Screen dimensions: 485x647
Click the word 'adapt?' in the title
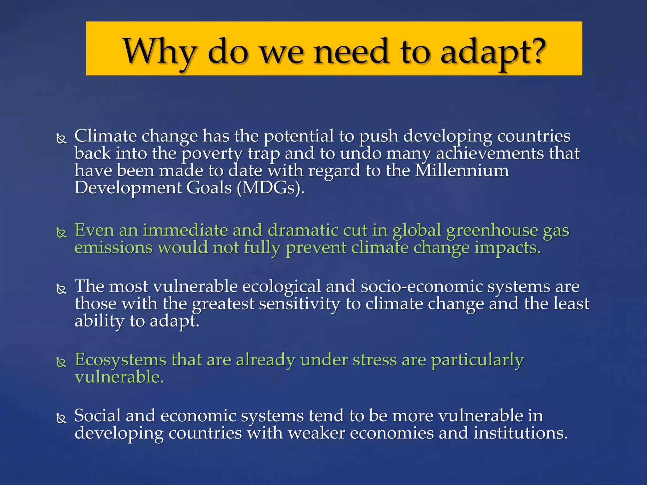coord(493,52)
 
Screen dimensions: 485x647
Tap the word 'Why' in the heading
coord(160,52)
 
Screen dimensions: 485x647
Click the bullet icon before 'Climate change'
coord(61,139)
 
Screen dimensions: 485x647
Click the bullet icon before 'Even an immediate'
coord(61,233)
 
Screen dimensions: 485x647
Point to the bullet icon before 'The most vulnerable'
coord(61,289)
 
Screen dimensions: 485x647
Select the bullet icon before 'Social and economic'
coord(61,418)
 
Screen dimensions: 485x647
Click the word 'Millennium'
coord(462,171)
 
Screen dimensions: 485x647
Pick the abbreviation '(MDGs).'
coord(271,188)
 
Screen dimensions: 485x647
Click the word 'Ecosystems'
coord(121,360)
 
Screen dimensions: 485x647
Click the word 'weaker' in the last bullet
coord(317,433)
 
